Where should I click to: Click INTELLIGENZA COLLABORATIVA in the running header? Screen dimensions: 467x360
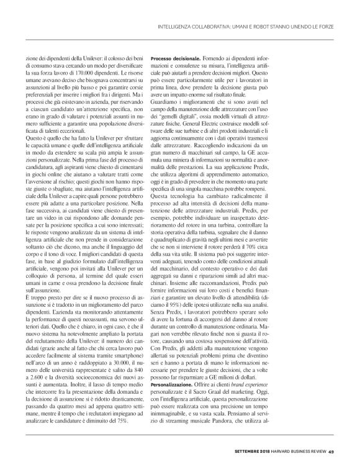(199, 26)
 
